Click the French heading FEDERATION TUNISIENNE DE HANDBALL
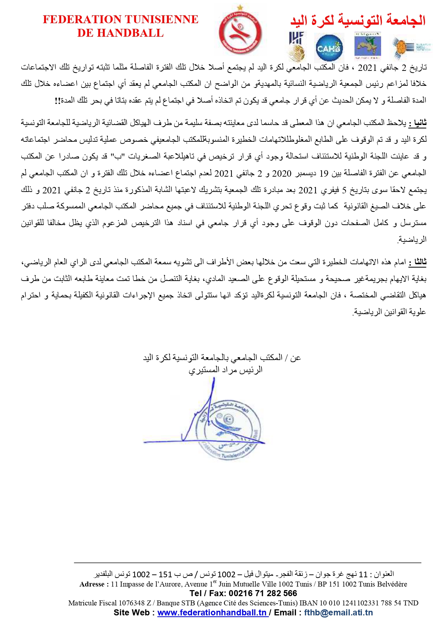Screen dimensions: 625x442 (120, 26)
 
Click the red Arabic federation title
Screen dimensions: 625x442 (358, 20)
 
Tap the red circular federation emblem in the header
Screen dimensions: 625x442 (240, 33)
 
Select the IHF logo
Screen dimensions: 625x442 (296, 46)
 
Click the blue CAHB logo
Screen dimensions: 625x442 (329, 48)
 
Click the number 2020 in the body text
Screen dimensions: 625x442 (282, 173)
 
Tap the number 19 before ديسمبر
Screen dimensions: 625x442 (323, 173)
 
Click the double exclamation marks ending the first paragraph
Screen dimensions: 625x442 (57, 101)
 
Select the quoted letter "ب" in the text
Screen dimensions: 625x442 (116, 157)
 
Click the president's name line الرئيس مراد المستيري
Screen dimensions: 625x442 (225, 370)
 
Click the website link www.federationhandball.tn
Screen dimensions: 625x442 (212, 613)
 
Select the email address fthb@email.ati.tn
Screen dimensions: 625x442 (338, 613)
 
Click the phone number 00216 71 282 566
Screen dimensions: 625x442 (262, 593)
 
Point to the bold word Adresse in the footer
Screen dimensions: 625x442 (92, 584)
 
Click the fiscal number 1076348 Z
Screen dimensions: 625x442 (135, 603)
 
